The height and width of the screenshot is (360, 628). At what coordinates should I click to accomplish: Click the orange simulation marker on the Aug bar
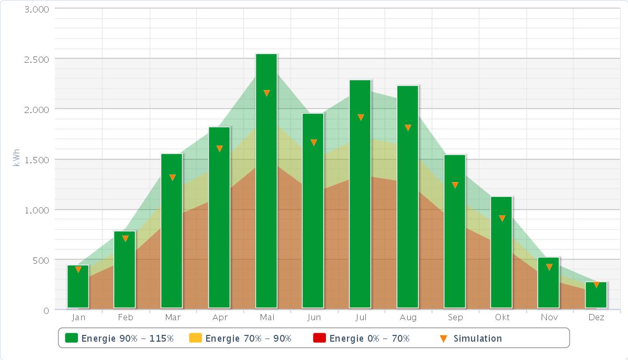408,128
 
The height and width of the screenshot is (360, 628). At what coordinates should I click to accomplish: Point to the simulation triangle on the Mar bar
172,177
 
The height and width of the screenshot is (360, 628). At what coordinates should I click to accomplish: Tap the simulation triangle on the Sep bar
455,185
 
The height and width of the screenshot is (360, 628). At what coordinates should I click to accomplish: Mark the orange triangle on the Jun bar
313,142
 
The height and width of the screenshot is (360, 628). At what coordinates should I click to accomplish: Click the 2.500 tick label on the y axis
37,59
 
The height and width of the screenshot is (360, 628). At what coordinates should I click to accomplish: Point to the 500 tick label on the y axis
42,260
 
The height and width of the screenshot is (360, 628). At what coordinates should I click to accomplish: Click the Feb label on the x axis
126,318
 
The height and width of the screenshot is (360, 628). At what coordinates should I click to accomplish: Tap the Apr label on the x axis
220,318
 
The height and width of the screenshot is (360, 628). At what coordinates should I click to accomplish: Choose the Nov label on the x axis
549,318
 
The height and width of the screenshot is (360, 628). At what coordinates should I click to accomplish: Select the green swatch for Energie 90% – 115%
71,338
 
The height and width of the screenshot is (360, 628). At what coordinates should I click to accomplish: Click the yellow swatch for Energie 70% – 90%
195,338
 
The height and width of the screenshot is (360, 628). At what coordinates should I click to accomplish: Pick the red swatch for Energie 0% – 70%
319,338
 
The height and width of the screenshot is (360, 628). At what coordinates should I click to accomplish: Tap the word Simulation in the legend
477,339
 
